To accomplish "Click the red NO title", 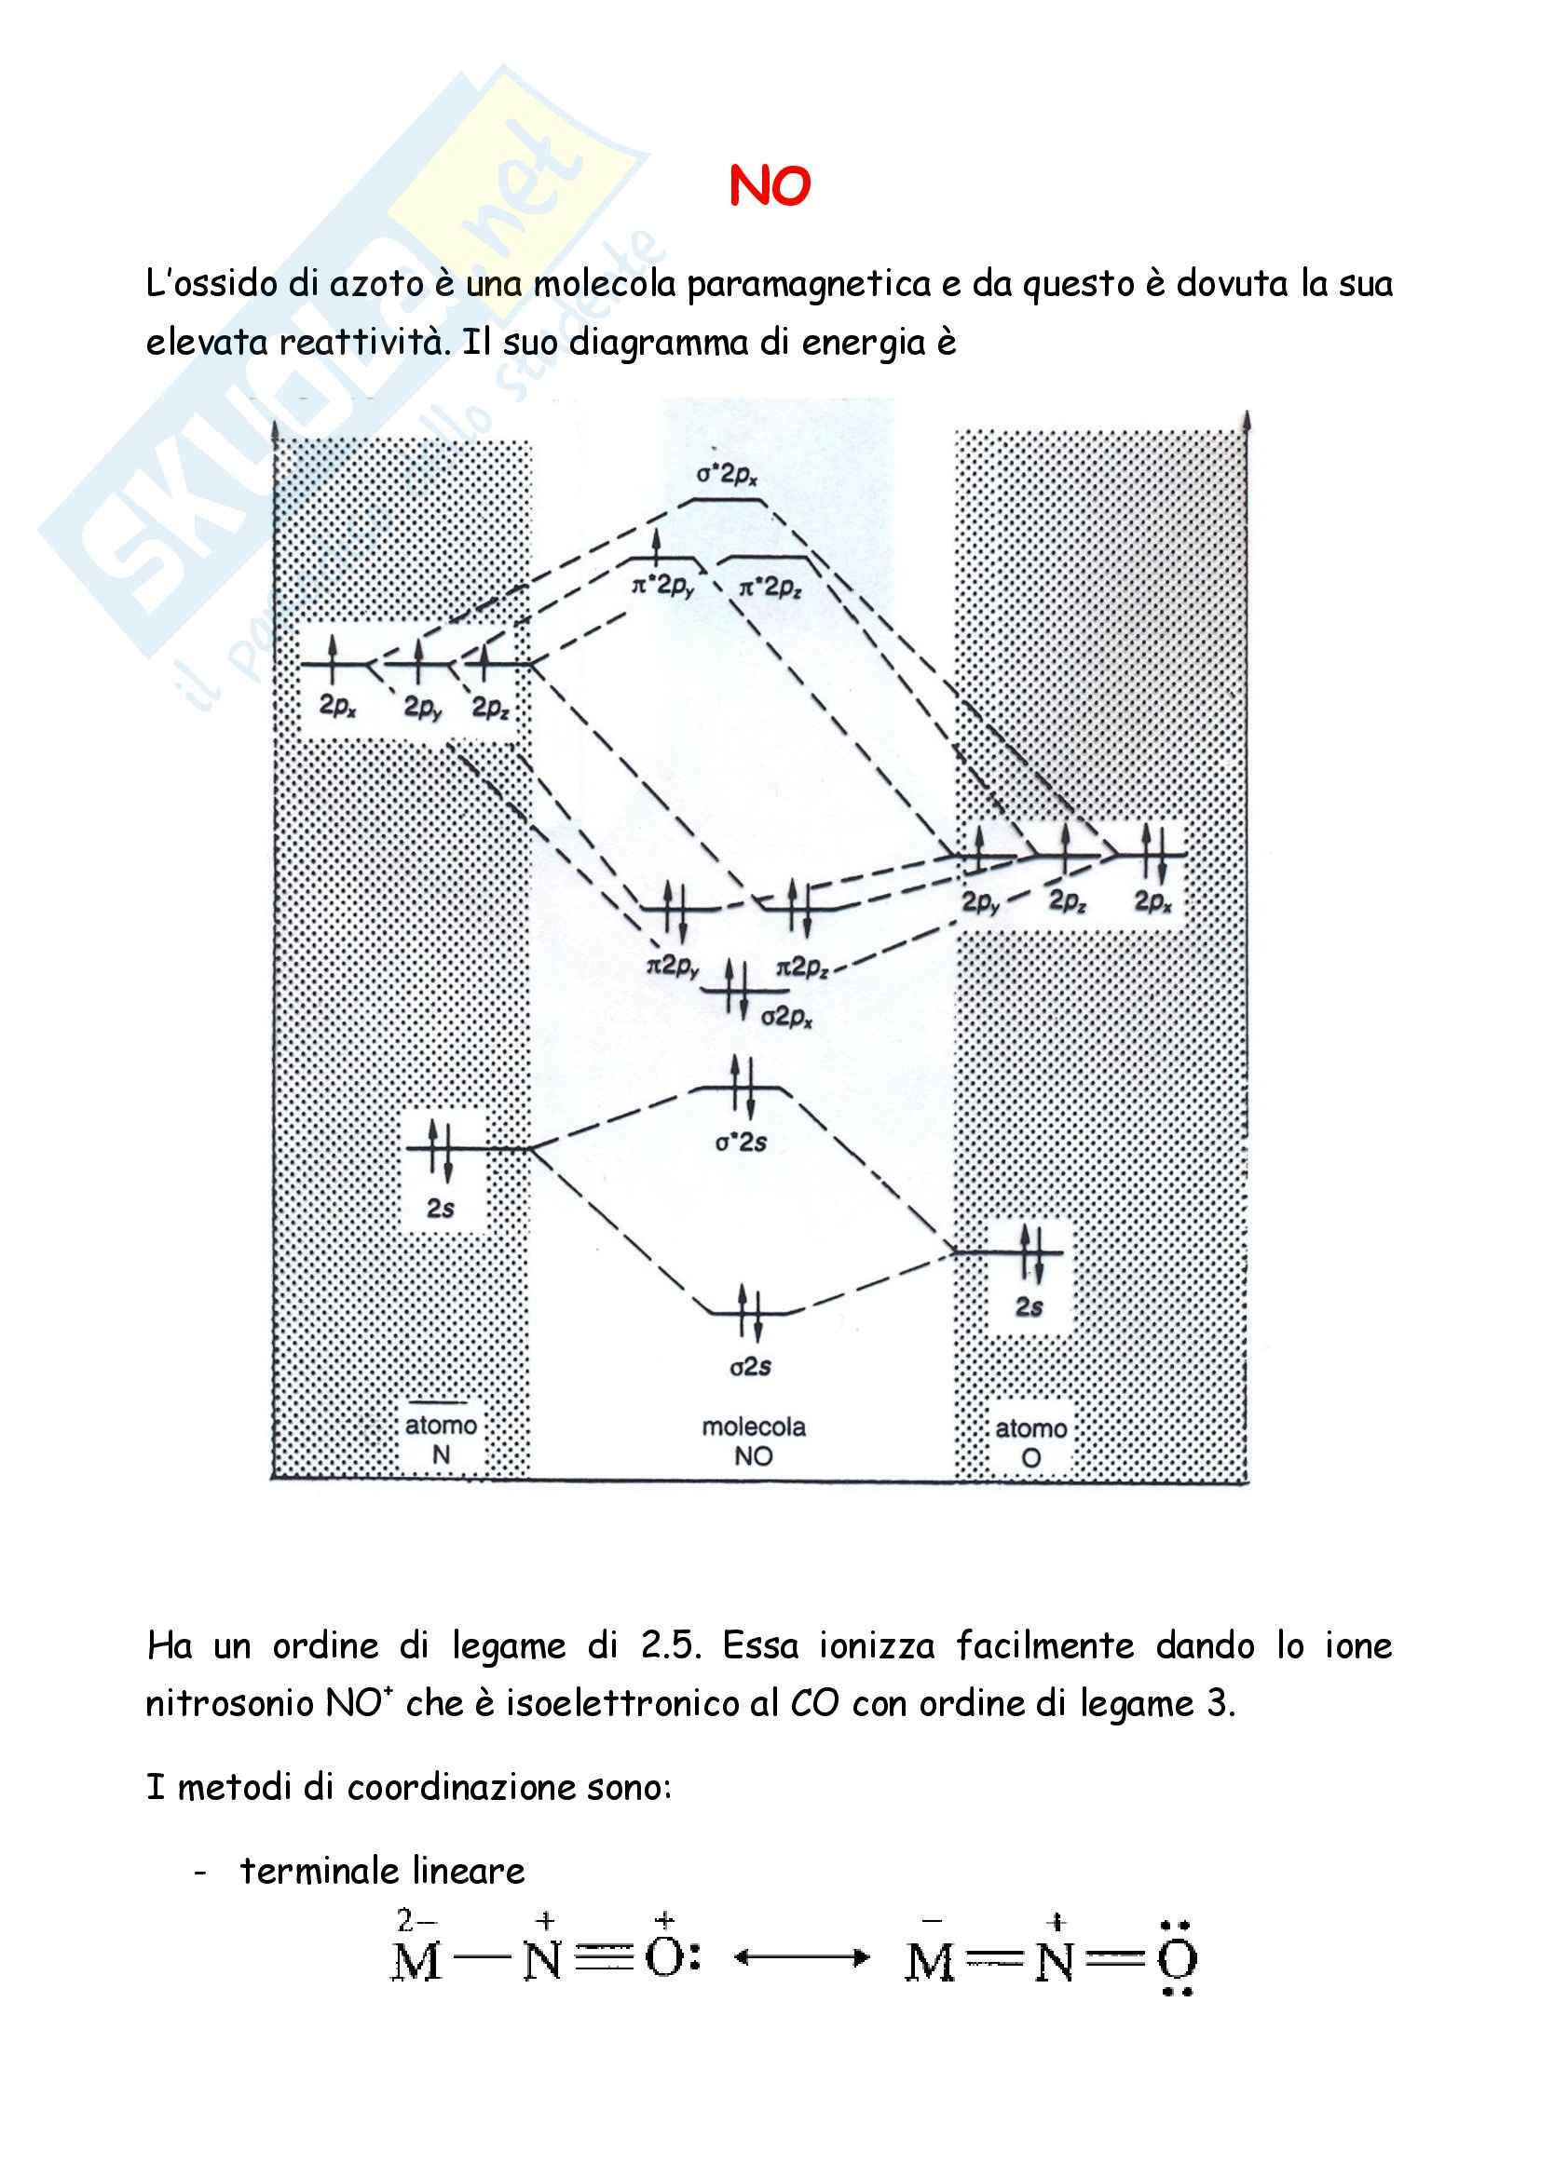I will (770, 186).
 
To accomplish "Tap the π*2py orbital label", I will (663, 587).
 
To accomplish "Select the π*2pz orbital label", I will (770, 588).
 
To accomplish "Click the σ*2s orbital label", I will (740, 1143).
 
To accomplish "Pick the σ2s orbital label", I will (750, 1367).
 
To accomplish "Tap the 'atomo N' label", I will (442, 1439).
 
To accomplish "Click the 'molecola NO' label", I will (754, 1441).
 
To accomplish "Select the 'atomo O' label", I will (1030, 1442).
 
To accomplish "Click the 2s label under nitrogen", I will (441, 1208).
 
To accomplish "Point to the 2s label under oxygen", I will (1029, 1307).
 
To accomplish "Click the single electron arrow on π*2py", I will (656, 548).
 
